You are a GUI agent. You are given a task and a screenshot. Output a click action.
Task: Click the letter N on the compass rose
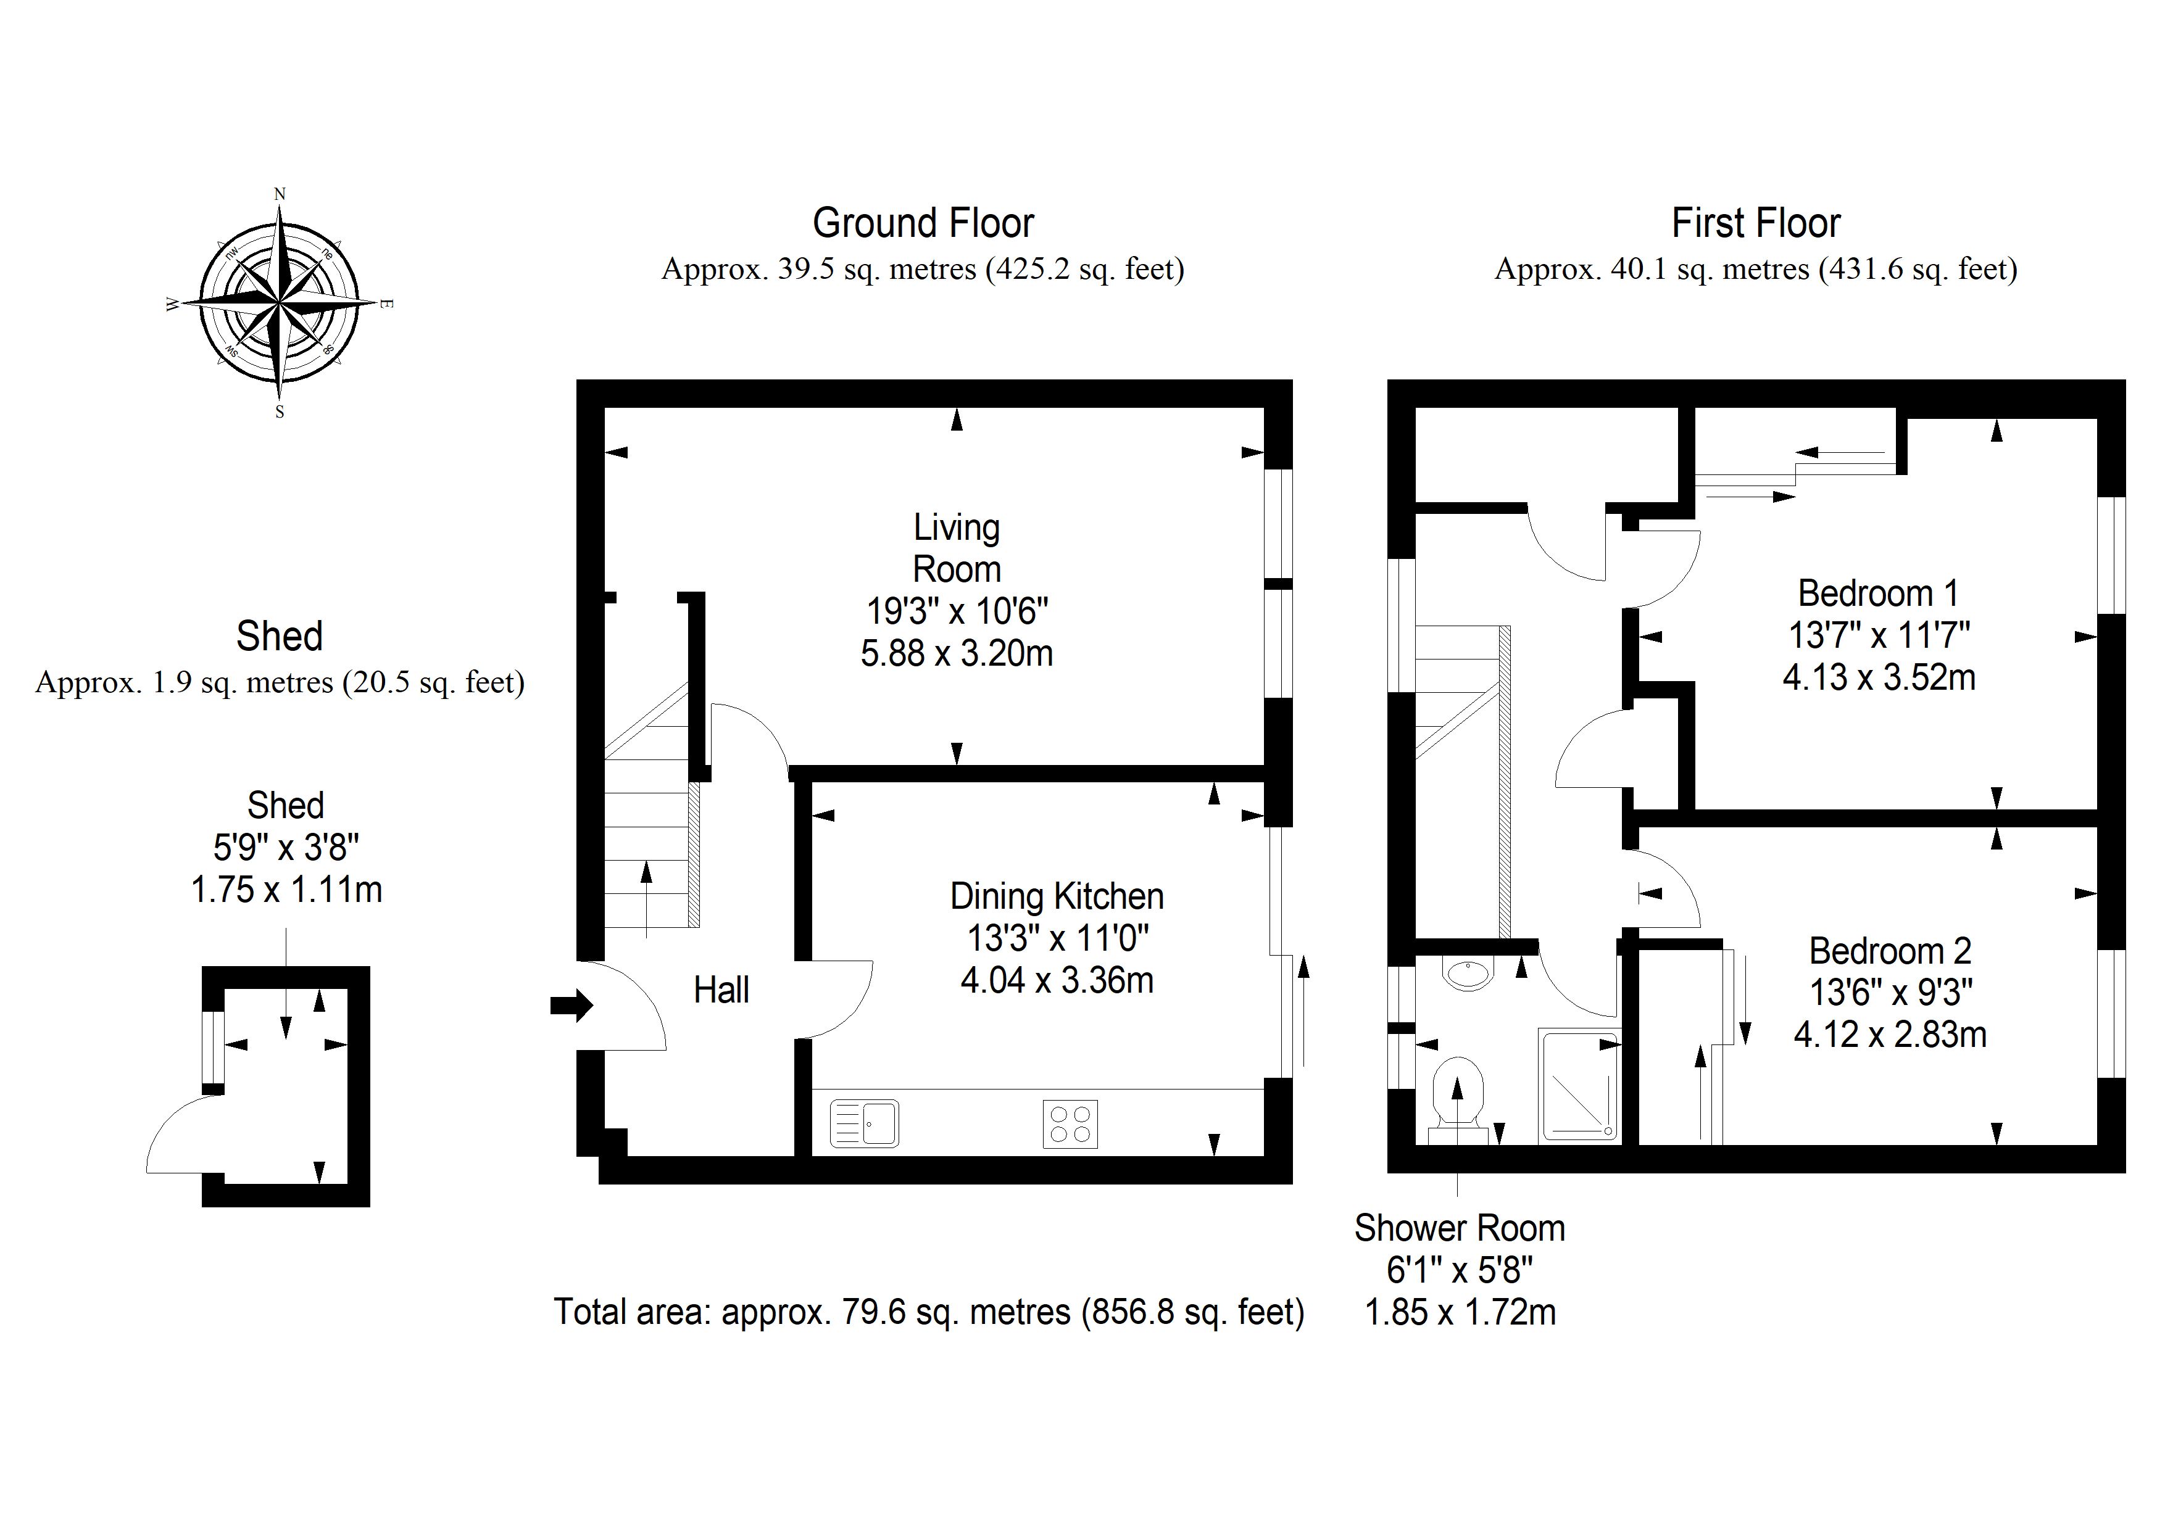(x=279, y=194)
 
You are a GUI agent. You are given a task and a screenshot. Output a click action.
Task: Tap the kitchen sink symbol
(x=865, y=1123)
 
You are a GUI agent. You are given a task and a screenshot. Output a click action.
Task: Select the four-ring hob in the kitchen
(x=1070, y=1123)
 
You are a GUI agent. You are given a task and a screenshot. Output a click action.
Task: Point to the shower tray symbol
(x=1579, y=1086)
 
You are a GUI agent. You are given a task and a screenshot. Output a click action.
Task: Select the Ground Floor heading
(x=923, y=223)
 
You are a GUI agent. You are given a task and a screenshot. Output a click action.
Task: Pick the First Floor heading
(x=1756, y=223)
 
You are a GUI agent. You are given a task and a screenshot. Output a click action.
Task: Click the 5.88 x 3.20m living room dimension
(x=956, y=653)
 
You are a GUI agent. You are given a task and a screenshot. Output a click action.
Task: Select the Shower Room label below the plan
(x=1460, y=1228)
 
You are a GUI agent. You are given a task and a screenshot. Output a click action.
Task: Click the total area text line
(x=929, y=1311)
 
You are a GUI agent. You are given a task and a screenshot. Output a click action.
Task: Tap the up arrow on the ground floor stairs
(x=646, y=899)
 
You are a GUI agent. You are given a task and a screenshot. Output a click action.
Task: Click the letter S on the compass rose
(x=279, y=412)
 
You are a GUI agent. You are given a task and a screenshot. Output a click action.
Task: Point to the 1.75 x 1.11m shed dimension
(x=286, y=890)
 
